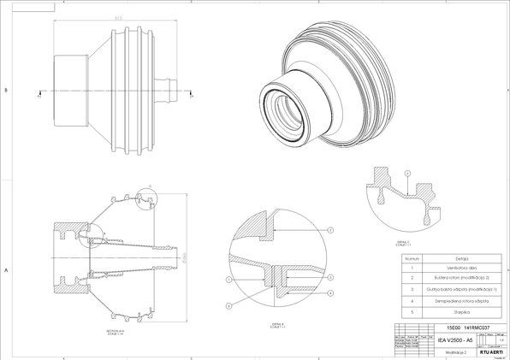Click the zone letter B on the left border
pos(6,89)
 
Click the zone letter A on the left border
pos(6,269)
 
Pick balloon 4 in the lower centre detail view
pos(229,305)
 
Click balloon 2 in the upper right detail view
pos(408,174)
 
